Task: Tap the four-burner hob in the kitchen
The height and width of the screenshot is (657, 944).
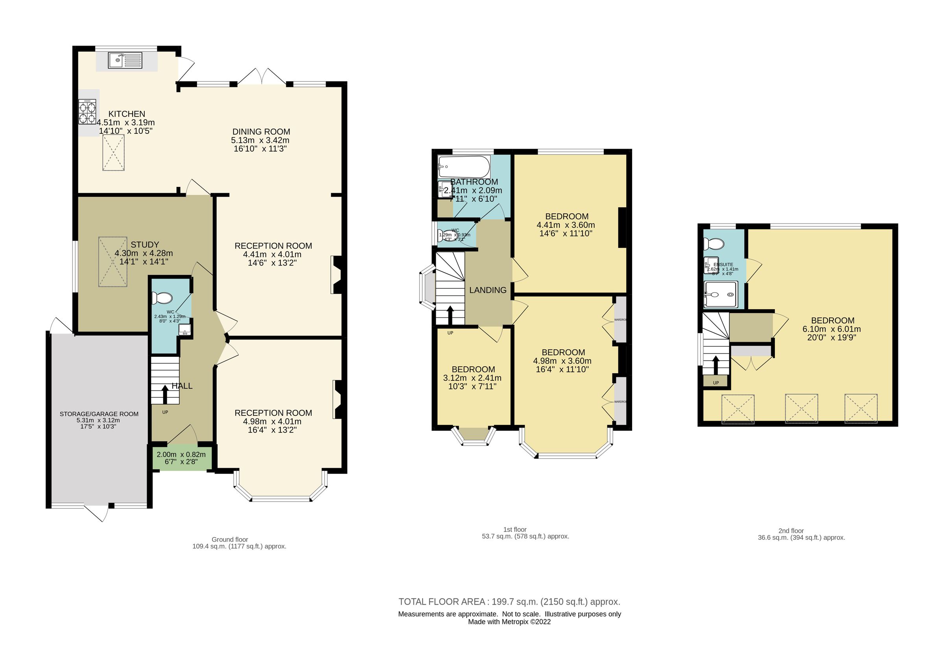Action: click(87, 112)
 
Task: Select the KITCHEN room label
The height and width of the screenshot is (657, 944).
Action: click(127, 114)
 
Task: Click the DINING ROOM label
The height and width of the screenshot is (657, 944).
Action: click(261, 131)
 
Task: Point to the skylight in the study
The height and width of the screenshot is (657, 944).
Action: click(112, 262)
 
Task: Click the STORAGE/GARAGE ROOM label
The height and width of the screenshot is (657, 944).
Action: click(99, 414)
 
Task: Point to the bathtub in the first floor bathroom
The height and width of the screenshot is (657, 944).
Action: click(464, 166)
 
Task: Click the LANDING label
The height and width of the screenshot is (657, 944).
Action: click(488, 290)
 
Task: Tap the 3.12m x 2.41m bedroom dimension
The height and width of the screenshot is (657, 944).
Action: click(472, 378)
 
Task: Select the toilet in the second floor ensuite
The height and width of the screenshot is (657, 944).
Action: click(714, 244)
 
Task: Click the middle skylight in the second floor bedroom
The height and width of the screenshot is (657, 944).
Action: click(801, 408)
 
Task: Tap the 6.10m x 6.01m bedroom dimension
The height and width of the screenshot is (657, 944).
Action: click(832, 329)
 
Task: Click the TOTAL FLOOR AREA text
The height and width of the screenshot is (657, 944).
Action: click(509, 602)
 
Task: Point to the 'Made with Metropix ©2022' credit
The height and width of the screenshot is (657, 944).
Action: click(509, 622)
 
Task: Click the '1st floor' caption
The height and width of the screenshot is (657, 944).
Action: click(514, 530)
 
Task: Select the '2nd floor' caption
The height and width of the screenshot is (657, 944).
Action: click(791, 531)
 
